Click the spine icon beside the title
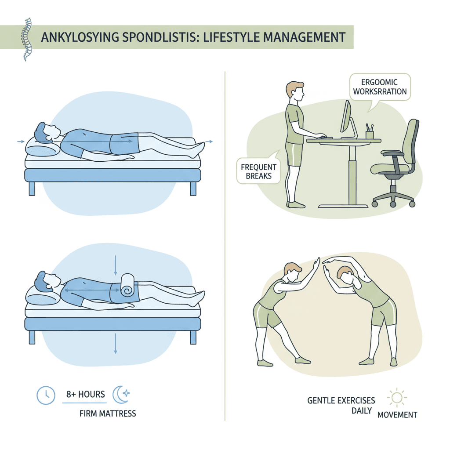27,39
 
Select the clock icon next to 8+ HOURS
46,396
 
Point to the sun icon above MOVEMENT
397,397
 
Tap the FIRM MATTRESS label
108,414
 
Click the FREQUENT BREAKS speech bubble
258,171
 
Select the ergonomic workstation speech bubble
380,87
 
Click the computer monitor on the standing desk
346,117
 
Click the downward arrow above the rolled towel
116,265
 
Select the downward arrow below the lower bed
116,344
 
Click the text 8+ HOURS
86,394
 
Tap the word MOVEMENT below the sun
397,415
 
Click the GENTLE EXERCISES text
341,400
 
